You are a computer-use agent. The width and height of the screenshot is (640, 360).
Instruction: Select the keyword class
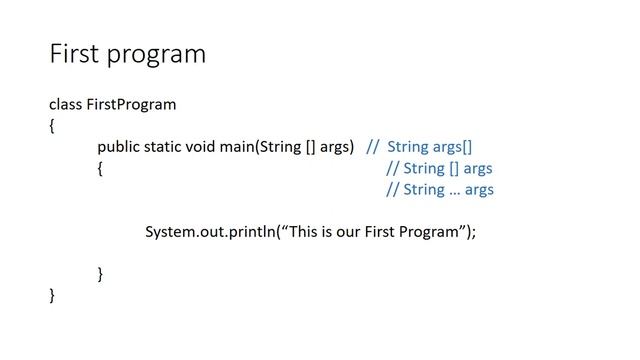(x=65, y=104)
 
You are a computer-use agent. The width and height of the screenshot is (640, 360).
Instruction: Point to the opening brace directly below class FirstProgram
(x=52, y=125)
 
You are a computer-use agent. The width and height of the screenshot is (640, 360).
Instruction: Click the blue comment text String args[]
(x=430, y=146)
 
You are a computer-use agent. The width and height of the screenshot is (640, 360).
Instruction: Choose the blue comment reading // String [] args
(x=439, y=168)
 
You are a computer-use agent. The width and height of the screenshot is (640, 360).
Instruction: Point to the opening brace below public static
(x=100, y=168)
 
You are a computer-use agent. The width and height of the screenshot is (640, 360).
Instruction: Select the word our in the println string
(x=355, y=232)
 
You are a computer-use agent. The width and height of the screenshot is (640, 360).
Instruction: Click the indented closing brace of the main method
(x=100, y=273)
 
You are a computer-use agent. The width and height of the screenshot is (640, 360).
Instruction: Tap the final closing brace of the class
(x=52, y=295)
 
